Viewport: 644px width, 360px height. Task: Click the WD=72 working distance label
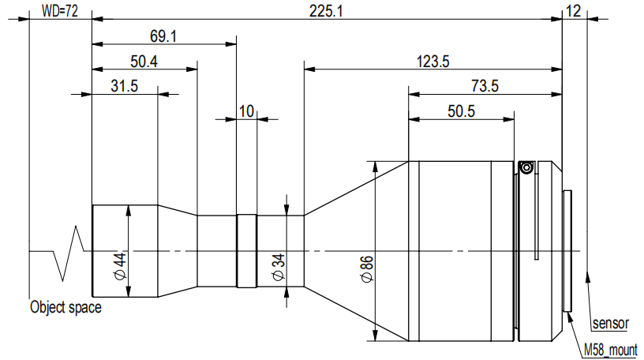click(x=60, y=11)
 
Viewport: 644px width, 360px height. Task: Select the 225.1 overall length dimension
click(x=326, y=11)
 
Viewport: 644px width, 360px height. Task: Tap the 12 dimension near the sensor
click(x=573, y=11)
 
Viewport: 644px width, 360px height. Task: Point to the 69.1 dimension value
click(x=163, y=36)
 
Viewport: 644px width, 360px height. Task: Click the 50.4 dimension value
click(x=144, y=62)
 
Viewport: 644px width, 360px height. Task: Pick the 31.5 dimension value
click(x=125, y=86)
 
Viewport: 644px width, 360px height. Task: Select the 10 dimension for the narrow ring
click(x=246, y=111)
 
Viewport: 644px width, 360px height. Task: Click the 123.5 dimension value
click(x=433, y=62)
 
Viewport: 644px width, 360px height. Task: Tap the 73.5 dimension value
click(x=485, y=86)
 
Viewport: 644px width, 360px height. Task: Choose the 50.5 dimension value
click(x=461, y=111)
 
